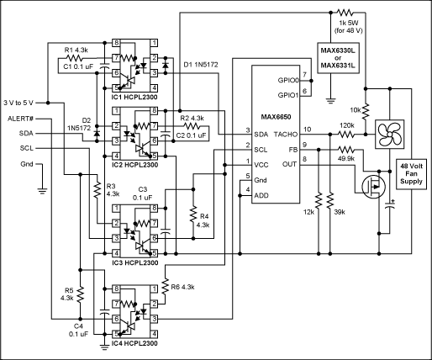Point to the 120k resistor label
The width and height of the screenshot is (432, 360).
pyautogui.click(x=346, y=124)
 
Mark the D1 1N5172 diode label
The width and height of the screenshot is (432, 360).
pyautogui.click(x=203, y=65)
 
